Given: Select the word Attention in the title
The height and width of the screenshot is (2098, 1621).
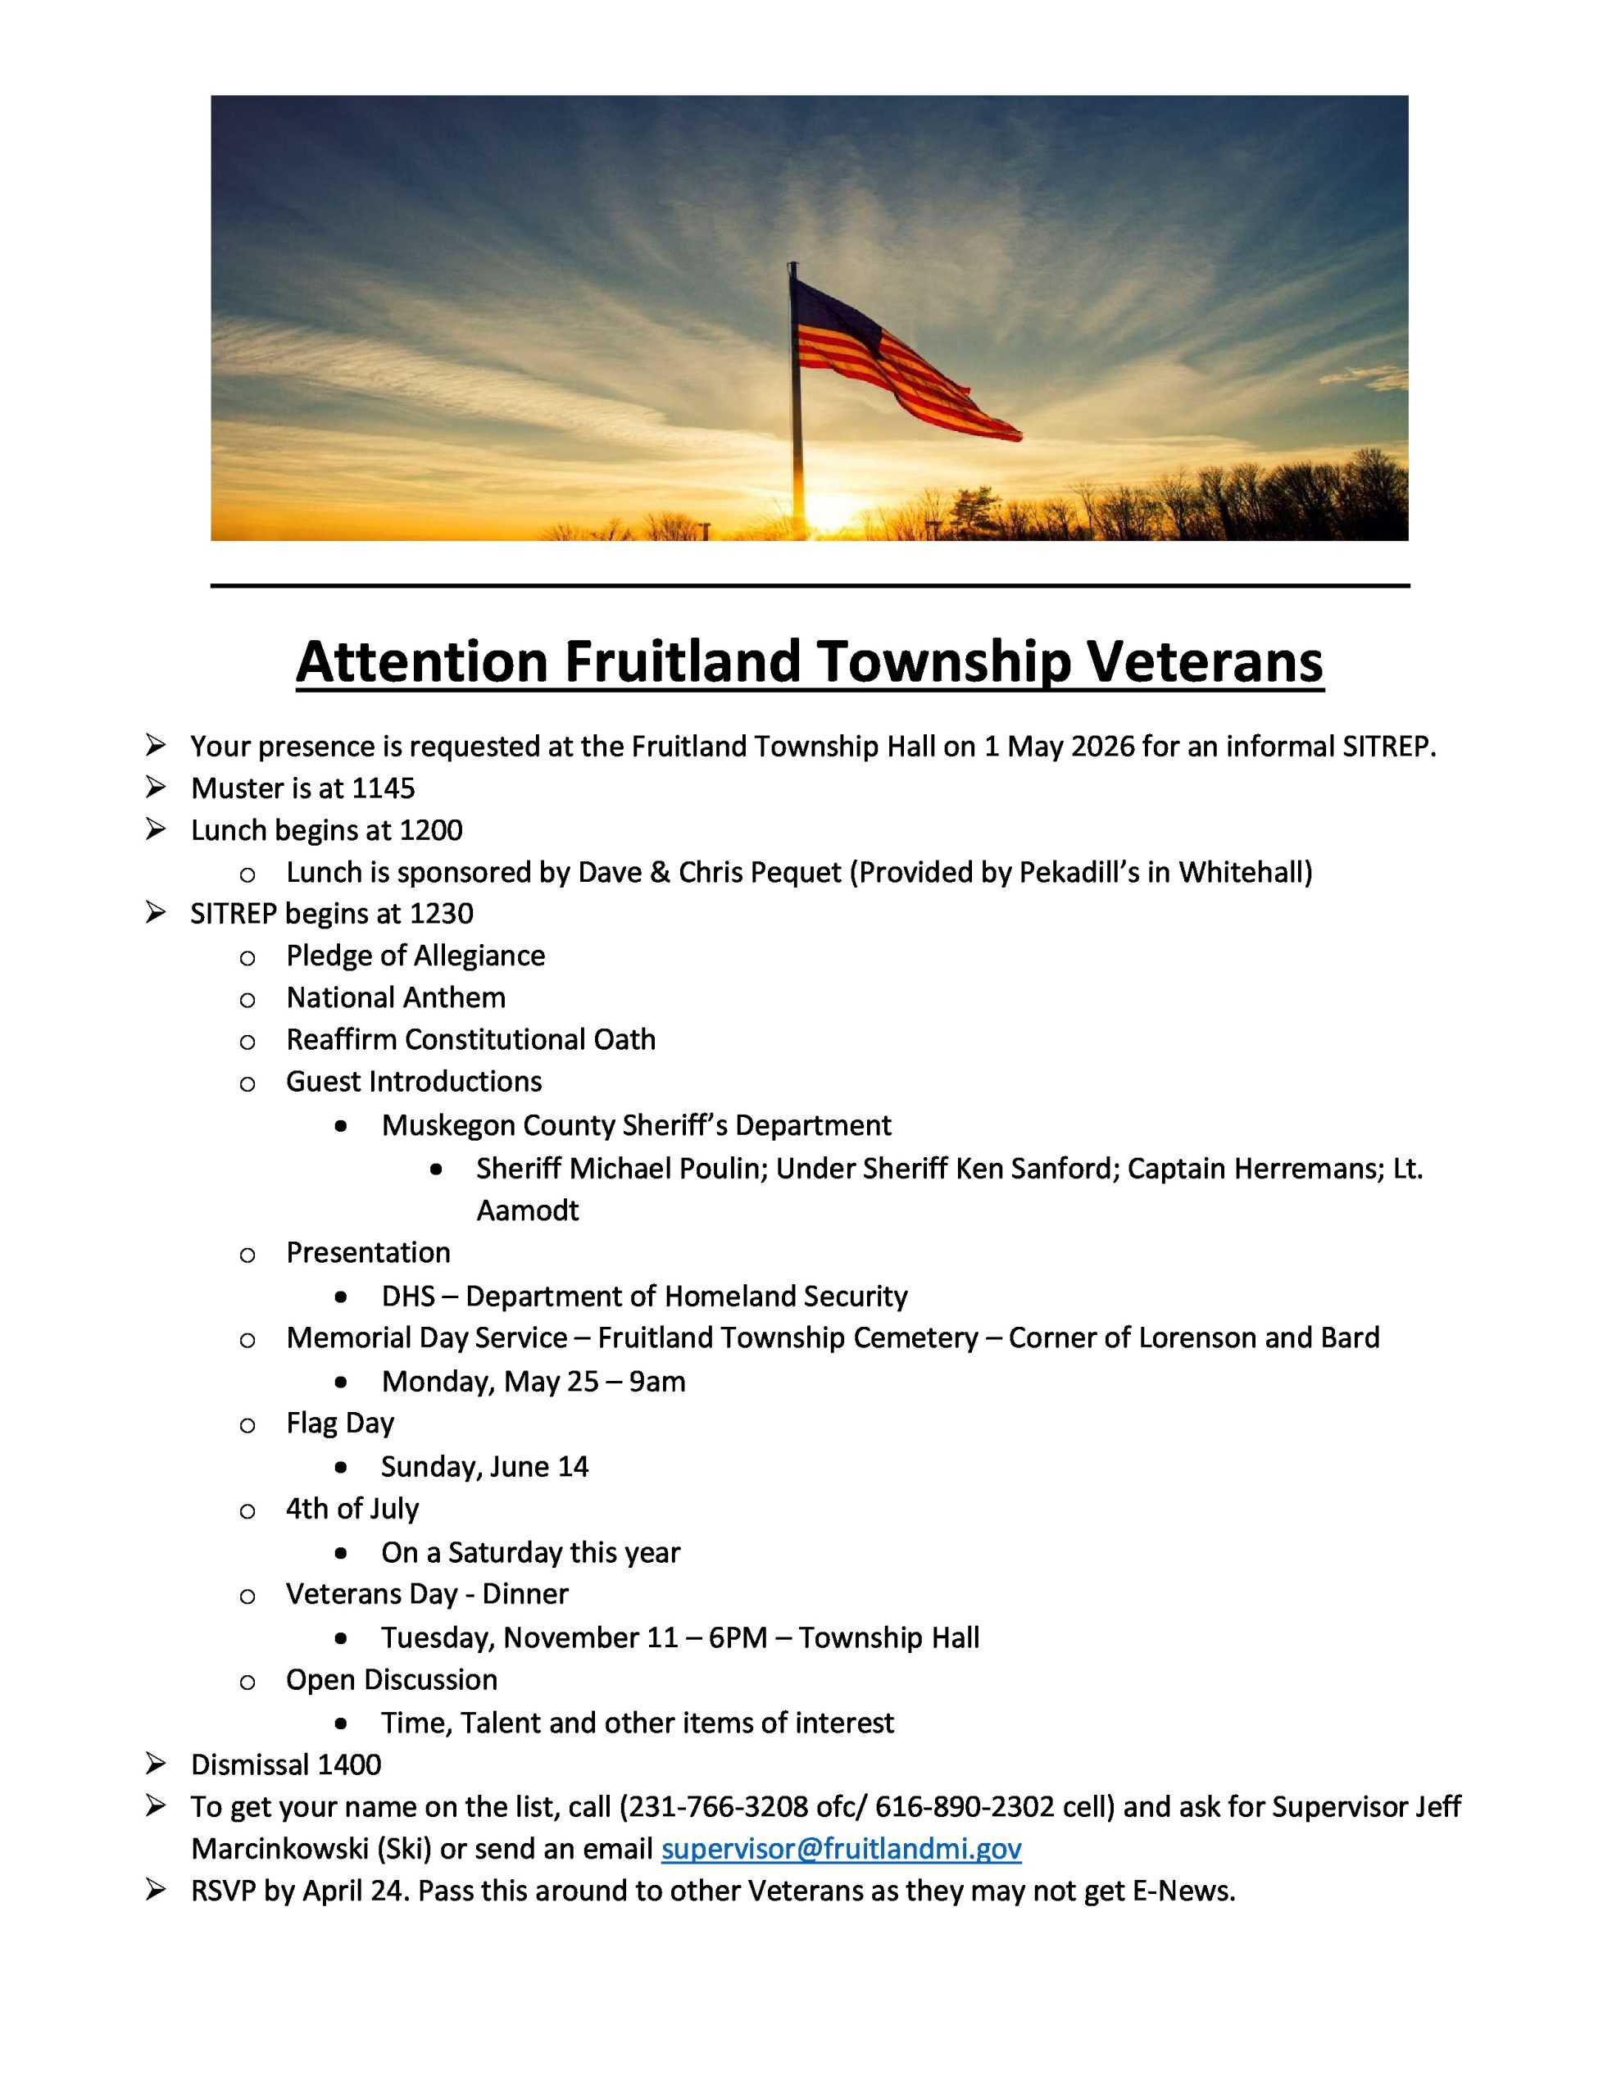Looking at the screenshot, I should [422, 662].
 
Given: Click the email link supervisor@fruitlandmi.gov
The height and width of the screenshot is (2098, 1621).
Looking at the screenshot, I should [841, 1848].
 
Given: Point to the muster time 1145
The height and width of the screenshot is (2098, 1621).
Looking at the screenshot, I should [384, 788].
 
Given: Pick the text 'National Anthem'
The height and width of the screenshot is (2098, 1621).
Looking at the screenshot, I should [396, 998].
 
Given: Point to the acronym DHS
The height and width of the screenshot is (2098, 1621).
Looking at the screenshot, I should [408, 1296].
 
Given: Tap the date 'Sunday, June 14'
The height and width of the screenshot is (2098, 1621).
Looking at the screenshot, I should [484, 1467].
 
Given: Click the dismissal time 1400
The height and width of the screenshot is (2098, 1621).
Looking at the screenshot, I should [349, 1764].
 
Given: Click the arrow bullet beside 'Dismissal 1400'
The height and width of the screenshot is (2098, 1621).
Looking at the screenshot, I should [156, 1764].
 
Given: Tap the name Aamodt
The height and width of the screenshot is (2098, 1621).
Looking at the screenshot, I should [528, 1210].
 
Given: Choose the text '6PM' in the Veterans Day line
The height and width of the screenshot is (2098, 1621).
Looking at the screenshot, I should [738, 1638].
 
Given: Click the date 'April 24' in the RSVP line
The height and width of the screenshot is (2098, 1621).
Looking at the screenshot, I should [356, 1891].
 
